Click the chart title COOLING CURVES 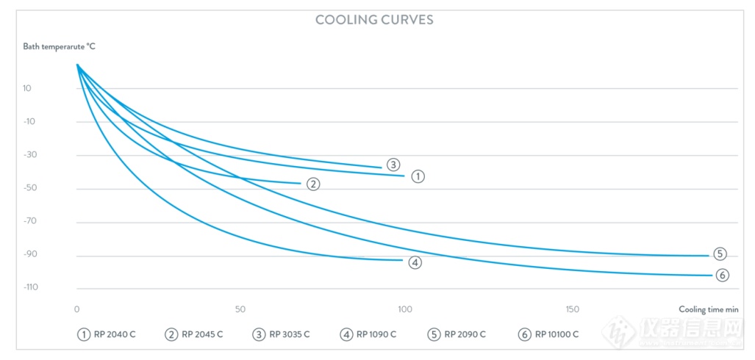(x=374, y=20)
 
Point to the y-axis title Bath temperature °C (x=59, y=46)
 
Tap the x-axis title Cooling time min (x=708, y=309)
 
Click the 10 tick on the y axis (x=26, y=88)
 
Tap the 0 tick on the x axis (x=77, y=309)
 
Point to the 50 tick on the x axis (x=240, y=309)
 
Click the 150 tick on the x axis (x=573, y=309)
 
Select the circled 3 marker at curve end (x=393, y=165)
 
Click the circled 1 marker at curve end (x=418, y=176)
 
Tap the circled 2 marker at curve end (x=313, y=184)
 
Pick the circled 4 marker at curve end (x=415, y=262)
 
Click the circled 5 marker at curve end (x=720, y=254)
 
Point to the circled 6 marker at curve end (x=722, y=276)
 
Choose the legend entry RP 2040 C (x=107, y=334)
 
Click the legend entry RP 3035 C (x=281, y=334)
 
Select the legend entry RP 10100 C (x=548, y=334)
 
